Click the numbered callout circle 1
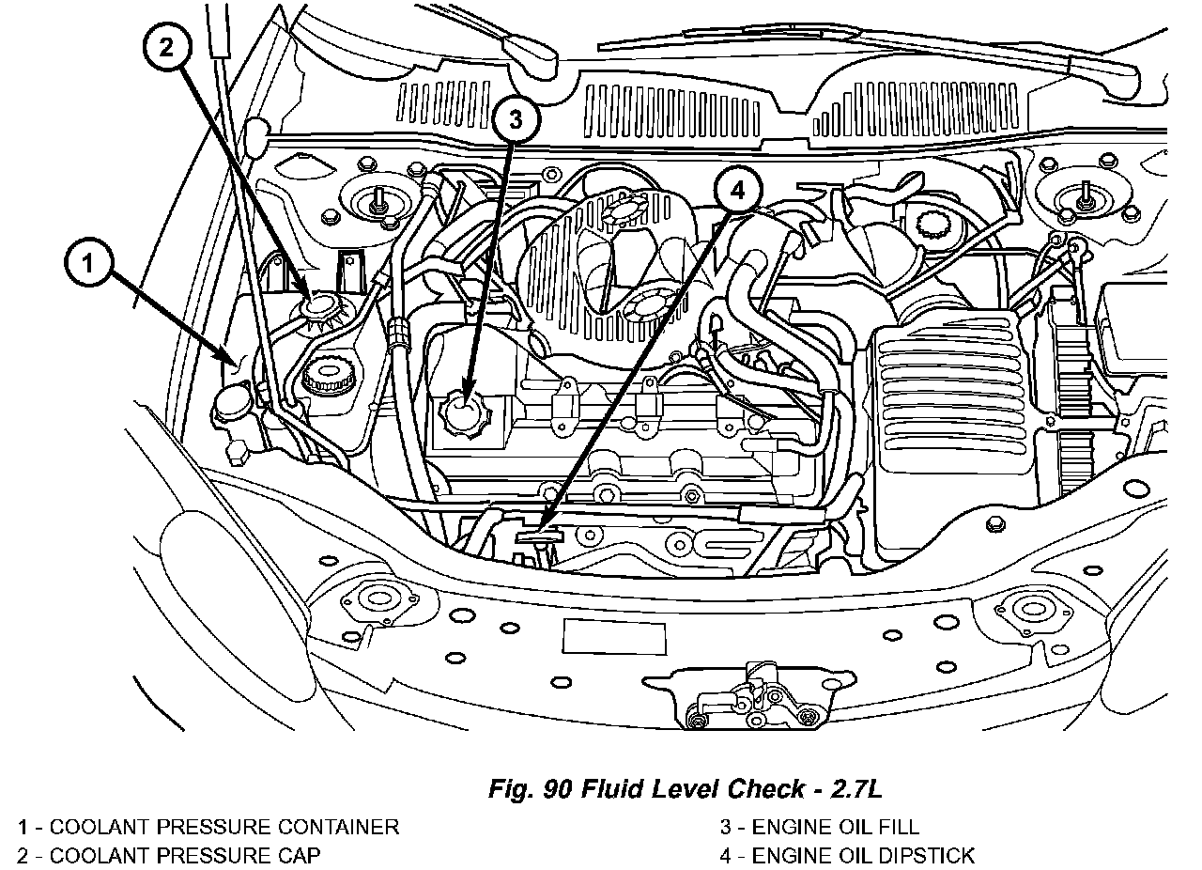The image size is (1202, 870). click(x=88, y=263)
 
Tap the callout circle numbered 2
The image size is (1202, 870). click(x=167, y=47)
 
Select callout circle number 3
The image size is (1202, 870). click(x=516, y=119)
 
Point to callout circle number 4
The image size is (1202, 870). click(x=738, y=190)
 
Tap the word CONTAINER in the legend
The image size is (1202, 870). click(x=339, y=827)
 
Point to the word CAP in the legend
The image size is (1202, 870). click(x=299, y=855)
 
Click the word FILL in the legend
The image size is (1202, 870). click(x=899, y=827)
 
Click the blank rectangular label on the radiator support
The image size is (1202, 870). click(x=614, y=637)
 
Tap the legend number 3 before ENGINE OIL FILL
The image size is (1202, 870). click(x=726, y=827)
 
